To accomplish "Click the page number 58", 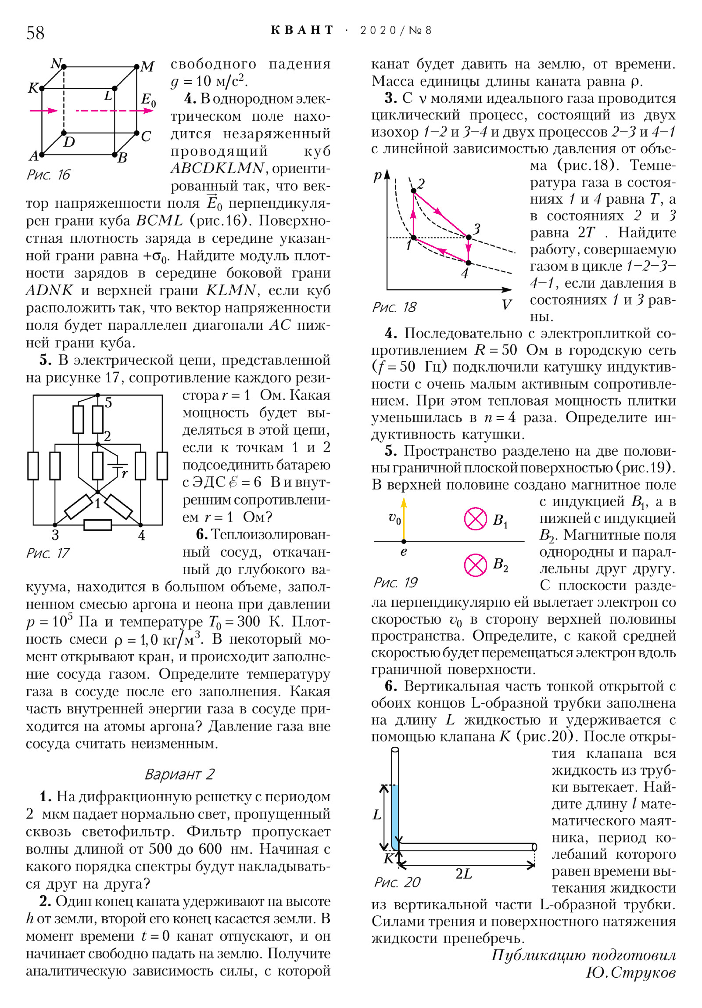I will [35, 33].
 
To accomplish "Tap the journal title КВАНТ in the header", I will [302, 30].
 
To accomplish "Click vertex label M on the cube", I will [147, 67].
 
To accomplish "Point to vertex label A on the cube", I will [34, 155].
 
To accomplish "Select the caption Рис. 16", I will [48, 175].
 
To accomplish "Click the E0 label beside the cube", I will [148, 100].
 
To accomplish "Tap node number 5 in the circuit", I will [108, 402].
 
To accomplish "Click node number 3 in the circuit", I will [55, 535].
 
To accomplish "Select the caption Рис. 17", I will [48, 553].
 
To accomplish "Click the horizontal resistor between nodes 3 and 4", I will [97, 525].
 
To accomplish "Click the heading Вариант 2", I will [179, 774].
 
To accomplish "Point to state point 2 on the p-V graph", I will [414, 191].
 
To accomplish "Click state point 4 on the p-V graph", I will [468, 263].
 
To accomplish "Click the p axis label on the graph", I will [377, 176].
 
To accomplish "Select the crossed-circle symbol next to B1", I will [476, 519].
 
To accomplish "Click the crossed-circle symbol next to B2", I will [476, 565].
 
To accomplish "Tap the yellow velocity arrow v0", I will [404, 518].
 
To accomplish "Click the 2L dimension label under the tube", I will [464, 883].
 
